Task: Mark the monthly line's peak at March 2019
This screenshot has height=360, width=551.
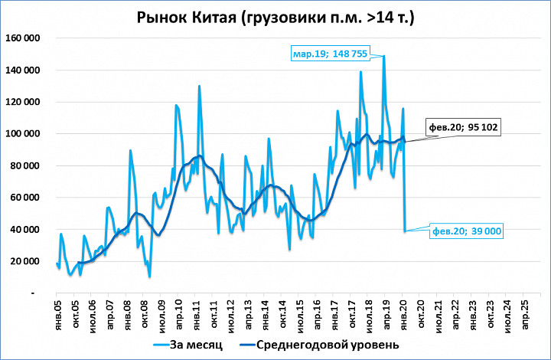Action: (x=383, y=56)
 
